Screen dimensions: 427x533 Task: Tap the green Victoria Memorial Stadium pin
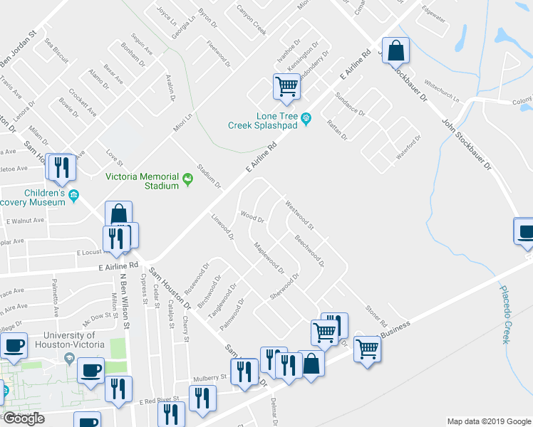pos(188,178)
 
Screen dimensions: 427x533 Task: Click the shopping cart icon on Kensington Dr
pos(286,87)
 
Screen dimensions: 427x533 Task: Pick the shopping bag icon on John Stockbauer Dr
pos(396,51)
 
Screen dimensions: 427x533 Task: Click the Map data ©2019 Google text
pos(488,421)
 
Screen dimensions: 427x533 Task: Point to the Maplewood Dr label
pos(269,259)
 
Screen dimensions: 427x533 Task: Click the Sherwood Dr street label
pos(283,286)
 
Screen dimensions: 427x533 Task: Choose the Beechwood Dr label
pos(309,251)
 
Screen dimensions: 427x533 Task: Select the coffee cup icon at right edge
pos(524,233)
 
